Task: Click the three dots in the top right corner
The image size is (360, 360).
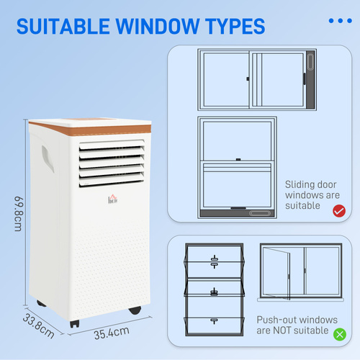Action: [340, 20]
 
